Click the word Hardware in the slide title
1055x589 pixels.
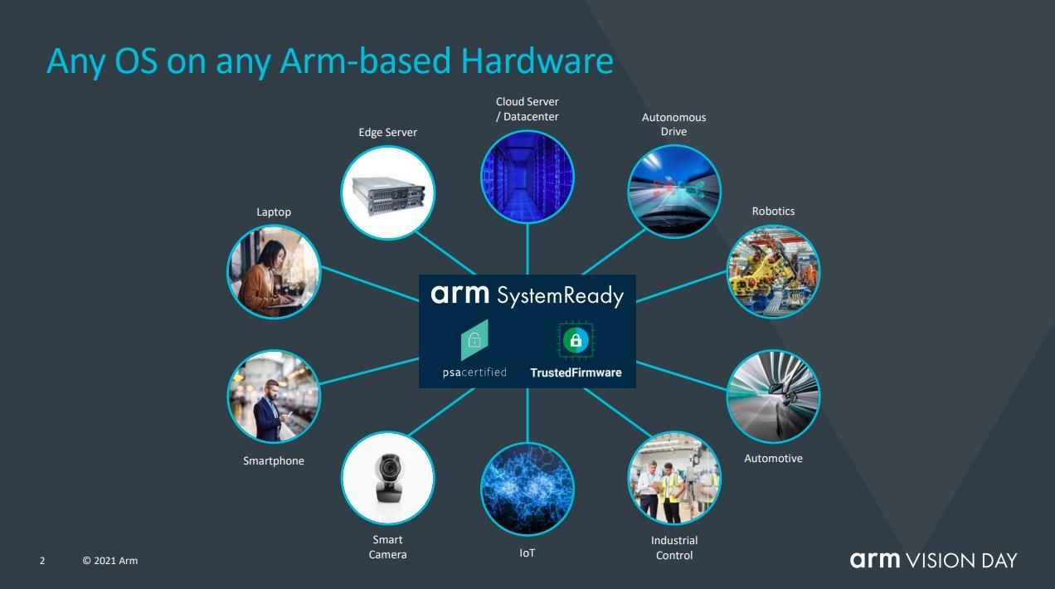coord(537,61)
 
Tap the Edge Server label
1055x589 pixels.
coord(387,133)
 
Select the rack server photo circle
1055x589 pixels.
coord(387,192)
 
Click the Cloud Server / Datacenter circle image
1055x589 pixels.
coord(527,178)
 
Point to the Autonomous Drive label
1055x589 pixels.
coord(673,124)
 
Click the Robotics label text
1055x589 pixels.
coord(773,211)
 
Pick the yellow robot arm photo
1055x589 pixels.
coord(773,272)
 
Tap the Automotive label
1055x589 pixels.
coord(773,459)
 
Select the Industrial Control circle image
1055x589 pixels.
coord(674,479)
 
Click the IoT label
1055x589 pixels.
coord(527,552)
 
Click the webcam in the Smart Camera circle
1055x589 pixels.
coord(389,477)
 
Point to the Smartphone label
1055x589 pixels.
coord(273,461)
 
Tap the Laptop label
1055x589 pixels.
coord(274,212)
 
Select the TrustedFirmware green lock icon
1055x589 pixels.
coord(576,340)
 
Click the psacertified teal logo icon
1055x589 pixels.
coord(474,340)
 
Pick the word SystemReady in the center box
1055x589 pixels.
coord(560,296)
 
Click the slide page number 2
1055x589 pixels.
coord(42,561)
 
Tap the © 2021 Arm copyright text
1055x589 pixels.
coord(109,561)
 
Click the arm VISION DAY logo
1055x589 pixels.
coord(933,560)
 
